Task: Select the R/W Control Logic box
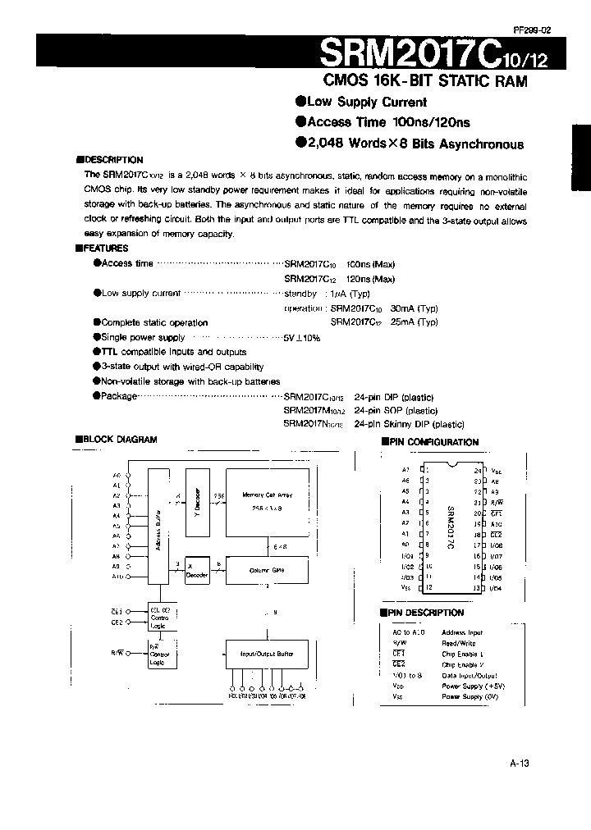click(x=158, y=655)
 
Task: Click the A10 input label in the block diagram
click(x=116, y=577)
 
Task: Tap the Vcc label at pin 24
click(x=496, y=471)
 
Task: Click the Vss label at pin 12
click(x=405, y=587)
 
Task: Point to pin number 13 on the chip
click(x=476, y=587)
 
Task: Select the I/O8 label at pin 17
click(x=496, y=545)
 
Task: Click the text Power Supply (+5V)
click(x=474, y=685)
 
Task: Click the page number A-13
click(x=520, y=762)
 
